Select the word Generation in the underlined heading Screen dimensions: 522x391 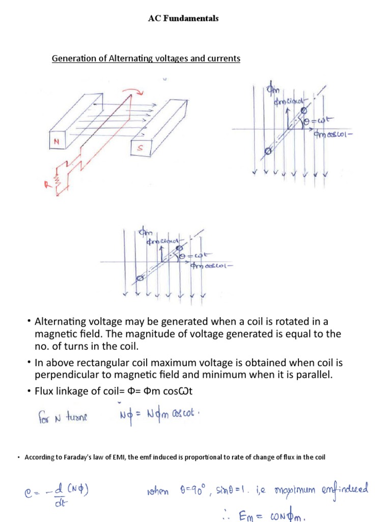72,59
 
